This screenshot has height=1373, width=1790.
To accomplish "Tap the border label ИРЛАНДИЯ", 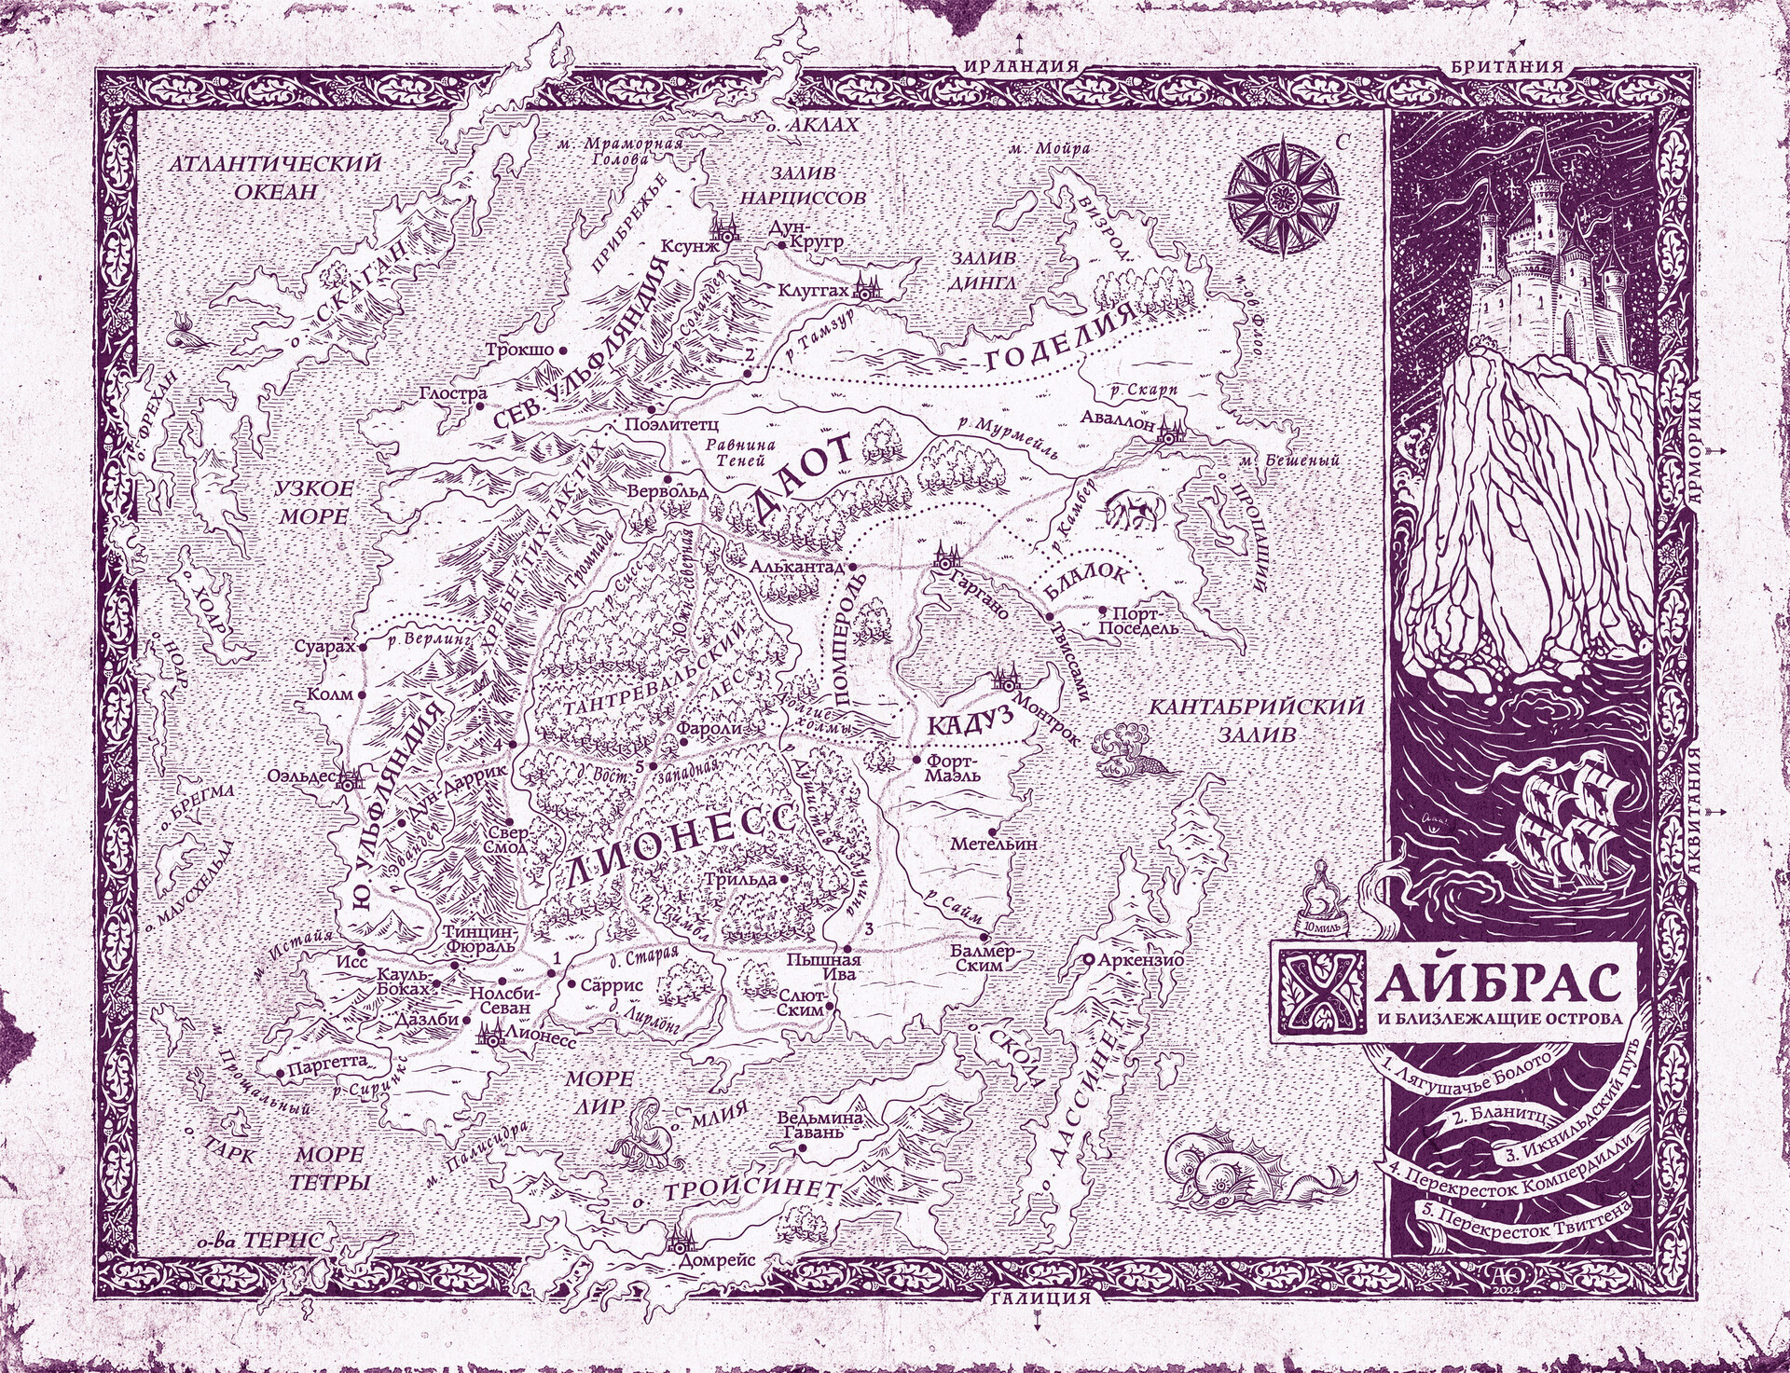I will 1019,66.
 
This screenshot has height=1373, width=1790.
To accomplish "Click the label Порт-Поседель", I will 1137,620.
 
